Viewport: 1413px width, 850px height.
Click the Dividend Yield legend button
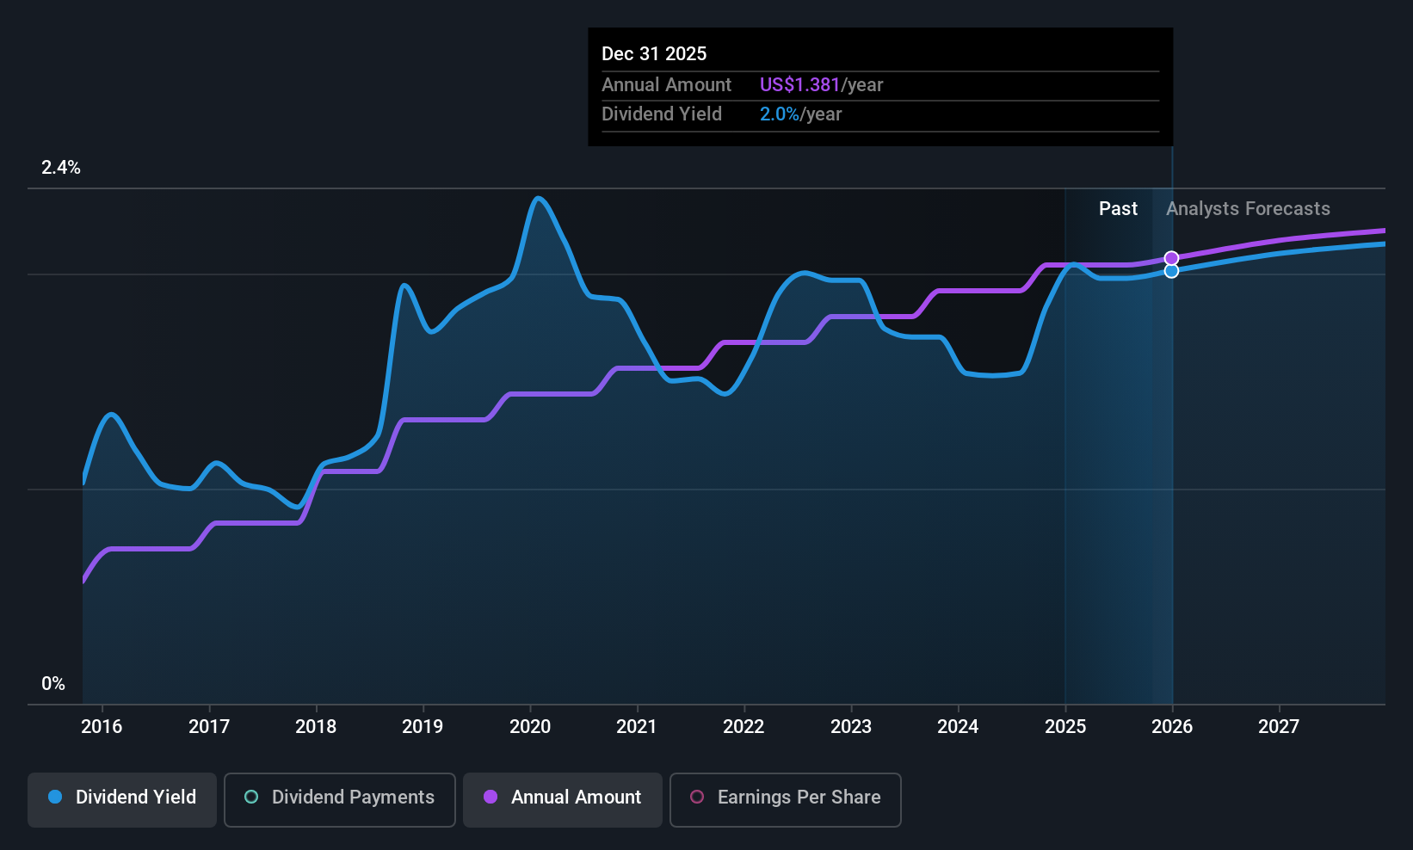[x=122, y=798]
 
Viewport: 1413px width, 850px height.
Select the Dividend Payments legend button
[x=339, y=798]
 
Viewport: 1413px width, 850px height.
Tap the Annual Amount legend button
[x=562, y=798]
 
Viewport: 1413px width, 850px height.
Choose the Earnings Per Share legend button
[x=785, y=798]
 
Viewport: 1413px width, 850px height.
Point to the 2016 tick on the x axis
[x=102, y=727]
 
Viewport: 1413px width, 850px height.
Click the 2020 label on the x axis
[x=530, y=727]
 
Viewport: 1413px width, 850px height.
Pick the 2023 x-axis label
[x=851, y=727]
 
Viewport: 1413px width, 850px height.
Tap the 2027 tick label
[x=1279, y=727]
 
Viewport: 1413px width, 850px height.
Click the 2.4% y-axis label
[x=61, y=168]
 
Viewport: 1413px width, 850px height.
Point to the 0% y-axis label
[x=53, y=684]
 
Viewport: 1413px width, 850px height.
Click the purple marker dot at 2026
[x=1171, y=258]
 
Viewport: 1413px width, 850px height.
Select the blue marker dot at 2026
[x=1171, y=272]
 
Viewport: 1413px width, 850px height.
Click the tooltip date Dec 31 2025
[x=654, y=54]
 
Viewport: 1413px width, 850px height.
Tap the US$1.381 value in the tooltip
[x=799, y=85]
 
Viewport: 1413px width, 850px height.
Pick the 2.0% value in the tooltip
[x=779, y=114]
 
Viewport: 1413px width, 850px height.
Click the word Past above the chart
[x=1118, y=209]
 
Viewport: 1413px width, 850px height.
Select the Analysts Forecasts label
[x=1248, y=209]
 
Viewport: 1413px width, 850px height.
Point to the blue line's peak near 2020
[x=539, y=199]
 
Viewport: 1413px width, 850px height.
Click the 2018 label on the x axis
[x=316, y=727]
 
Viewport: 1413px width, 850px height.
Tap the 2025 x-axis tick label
[x=1065, y=727]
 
